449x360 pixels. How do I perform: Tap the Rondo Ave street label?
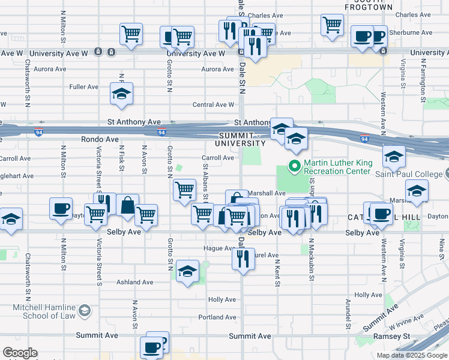[100, 139]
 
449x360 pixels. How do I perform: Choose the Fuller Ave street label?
[84, 87]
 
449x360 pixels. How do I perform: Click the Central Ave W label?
[213, 105]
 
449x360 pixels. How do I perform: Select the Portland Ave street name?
[217, 317]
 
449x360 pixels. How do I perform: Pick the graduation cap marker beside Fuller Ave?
[121, 94]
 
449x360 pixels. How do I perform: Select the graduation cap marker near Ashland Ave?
[188, 272]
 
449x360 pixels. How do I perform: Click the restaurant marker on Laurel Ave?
[243, 259]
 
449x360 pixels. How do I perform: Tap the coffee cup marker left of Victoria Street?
[61, 208]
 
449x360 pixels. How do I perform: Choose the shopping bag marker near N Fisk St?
[127, 205]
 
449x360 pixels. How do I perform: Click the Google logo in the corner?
[20, 353]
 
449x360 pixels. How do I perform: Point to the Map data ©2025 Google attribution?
[412, 355]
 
